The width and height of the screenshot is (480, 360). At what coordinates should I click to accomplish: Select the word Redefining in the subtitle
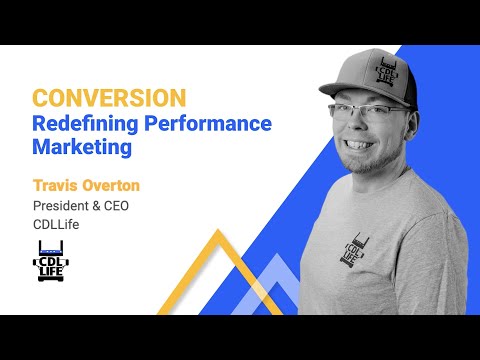point(80,124)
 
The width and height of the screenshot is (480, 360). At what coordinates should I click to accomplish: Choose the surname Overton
point(114,186)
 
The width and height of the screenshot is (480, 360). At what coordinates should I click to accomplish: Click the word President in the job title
point(64,206)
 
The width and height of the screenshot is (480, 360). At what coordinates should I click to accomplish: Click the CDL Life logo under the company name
point(52,259)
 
